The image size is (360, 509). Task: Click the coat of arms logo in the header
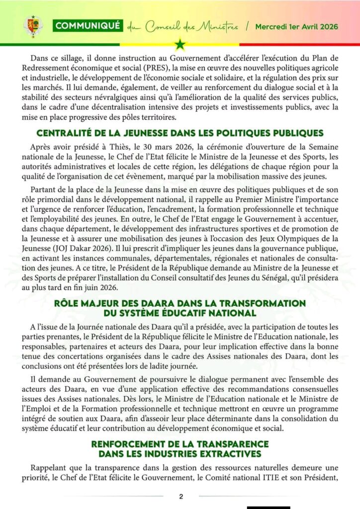click(x=33, y=26)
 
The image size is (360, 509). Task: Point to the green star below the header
click(x=180, y=45)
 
